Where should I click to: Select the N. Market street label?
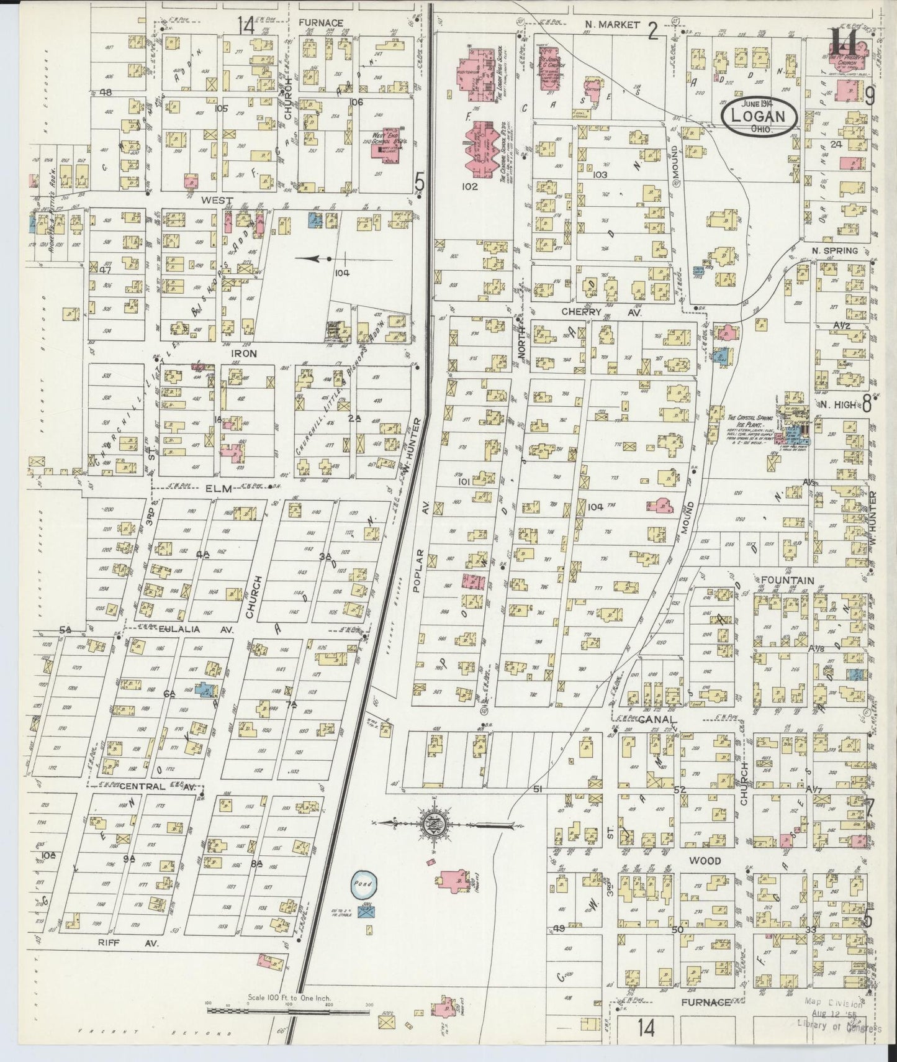[x=612, y=24]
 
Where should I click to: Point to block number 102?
[x=470, y=186]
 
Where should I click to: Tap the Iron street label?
[x=227, y=352]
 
